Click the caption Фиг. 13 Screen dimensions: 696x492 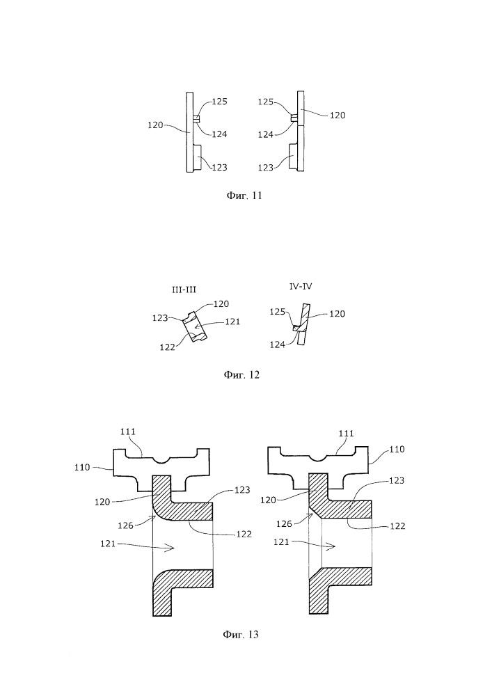(x=241, y=634)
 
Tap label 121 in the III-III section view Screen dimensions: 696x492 (x=232, y=321)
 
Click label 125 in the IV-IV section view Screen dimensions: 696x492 (x=278, y=313)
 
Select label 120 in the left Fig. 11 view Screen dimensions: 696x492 (x=155, y=125)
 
